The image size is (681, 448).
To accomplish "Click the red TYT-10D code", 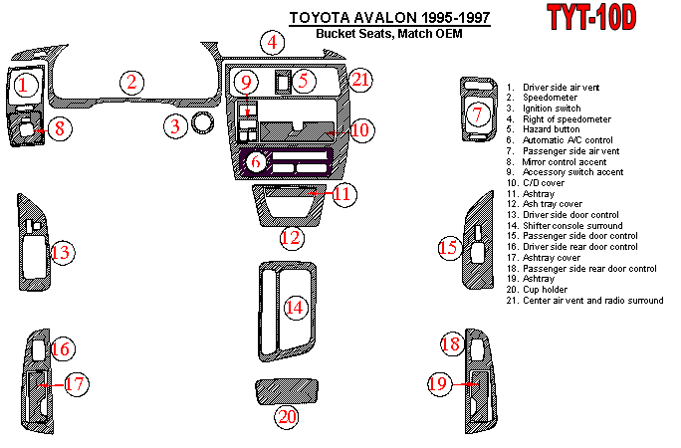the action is point(591,17).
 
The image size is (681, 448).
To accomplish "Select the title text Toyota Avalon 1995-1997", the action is point(389,17).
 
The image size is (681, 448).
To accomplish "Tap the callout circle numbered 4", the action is point(273,43).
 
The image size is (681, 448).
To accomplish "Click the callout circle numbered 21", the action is point(360,80).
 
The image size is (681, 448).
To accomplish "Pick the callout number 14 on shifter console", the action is point(295,308).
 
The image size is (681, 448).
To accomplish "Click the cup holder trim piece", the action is point(287,390).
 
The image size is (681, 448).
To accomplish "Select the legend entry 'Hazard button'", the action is point(552,129).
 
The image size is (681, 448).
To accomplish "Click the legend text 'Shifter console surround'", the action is point(572,226).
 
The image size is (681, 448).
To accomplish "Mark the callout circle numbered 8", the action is point(60,129).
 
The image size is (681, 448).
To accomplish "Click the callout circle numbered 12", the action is point(292,238).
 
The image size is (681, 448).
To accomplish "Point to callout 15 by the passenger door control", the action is point(449,248).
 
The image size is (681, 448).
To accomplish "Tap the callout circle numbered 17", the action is point(76,383).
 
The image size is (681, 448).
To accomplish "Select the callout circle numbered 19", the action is point(438,383).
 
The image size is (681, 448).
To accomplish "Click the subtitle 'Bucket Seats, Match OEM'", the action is point(388,34).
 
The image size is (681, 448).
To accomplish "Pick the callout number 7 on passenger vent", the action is point(478,114).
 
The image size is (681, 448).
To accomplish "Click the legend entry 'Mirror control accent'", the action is point(565,162).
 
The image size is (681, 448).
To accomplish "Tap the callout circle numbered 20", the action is point(287,417).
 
